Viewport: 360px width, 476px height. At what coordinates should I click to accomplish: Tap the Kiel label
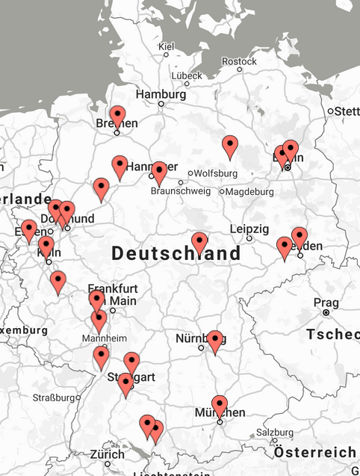coord(166,47)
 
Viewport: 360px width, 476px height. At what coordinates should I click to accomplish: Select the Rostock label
coord(239,61)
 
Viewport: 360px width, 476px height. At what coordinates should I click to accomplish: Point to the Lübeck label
coord(186,75)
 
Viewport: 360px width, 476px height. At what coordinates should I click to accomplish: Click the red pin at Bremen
coord(117,117)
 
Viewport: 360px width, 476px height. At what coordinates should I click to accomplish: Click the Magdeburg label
coord(249,191)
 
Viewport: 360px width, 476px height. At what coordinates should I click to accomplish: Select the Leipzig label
coord(249,228)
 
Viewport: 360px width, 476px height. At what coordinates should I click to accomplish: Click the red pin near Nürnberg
coord(215,340)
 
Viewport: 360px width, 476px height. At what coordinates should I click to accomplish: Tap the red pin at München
coord(220,405)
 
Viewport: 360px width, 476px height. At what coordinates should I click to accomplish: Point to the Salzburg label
coord(275,433)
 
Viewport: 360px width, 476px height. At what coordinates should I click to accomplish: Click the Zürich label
coord(108,454)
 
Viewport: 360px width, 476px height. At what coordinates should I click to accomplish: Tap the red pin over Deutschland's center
coord(199,242)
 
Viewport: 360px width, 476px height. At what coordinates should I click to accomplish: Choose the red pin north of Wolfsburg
coord(231,146)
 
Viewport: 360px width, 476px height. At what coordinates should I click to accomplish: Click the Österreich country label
coord(314,453)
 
